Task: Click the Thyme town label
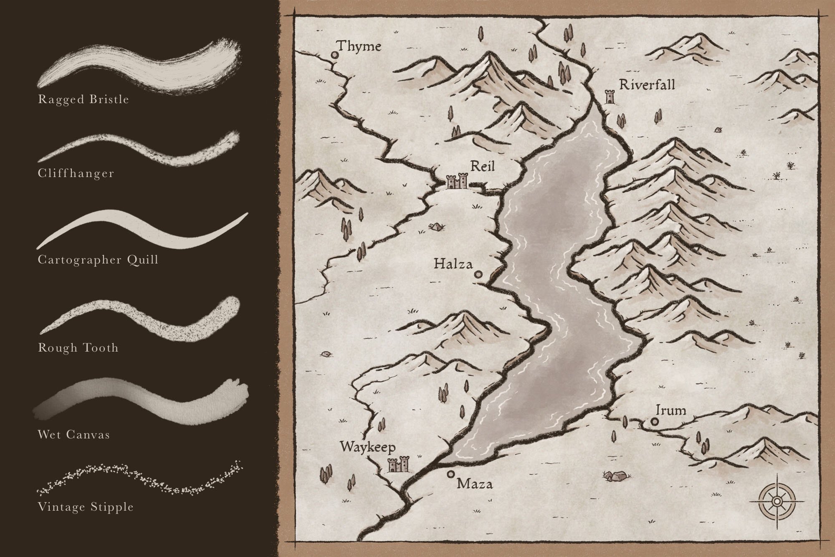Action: point(359,46)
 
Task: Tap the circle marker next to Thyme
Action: point(334,55)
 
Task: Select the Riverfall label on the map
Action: point(647,85)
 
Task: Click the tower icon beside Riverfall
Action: point(610,97)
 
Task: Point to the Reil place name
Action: point(482,166)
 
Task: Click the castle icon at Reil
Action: point(457,182)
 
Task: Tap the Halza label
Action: point(453,264)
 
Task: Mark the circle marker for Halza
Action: point(478,274)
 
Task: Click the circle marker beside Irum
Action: point(654,422)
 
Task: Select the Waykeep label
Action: point(367,448)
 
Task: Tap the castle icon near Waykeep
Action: point(398,464)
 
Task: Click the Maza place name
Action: point(475,484)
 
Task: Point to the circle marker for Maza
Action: point(450,474)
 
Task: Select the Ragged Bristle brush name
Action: point(83,99)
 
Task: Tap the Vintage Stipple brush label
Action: point(86,507)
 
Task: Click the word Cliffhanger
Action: point(76,173)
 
